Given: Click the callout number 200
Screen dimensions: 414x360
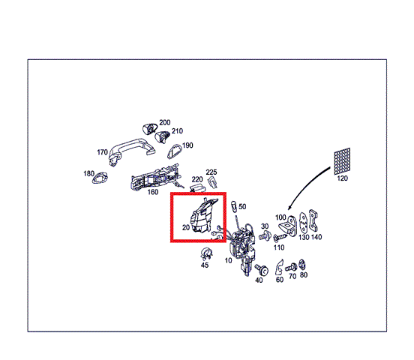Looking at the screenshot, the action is pyautogui.click(x=165, y=122).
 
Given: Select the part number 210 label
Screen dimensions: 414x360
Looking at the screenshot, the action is pyautogui.click(x=177, y=131).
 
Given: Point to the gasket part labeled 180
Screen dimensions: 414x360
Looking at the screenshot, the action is pyautogui.click(x=100, y=178).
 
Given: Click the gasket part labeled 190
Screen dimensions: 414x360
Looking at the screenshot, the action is pyautogui.click(x=174, y=151).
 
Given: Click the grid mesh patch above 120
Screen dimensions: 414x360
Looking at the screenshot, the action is pyautogui.click(x=342, y=161).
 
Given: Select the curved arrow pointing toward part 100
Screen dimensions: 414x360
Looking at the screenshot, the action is pyautogui.click(x=306, y=184).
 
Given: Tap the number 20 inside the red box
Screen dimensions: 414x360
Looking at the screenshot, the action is pyautogui.click(x=186, y=227).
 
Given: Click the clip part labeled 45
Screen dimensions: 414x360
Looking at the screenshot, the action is pyautogui.click(x=206, y=253).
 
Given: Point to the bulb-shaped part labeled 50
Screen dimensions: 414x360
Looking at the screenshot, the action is pyautogui.click(x=234, y=205).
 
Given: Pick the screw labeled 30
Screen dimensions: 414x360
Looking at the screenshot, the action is pyautogui.click(x=264, y=235).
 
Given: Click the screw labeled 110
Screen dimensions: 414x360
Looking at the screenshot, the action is pyautogui.click(x=280, y=238).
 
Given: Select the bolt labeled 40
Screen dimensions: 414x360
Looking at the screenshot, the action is pyautogui.click(x=262, y=269).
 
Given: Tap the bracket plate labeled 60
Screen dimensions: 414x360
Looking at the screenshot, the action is pyautogui.click(x=279, y=267).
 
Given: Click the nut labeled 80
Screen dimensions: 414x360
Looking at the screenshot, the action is pyautogui.click(x=302, y=265).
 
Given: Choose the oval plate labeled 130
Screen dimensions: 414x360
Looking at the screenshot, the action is pyautogui.click(x=303, y=223).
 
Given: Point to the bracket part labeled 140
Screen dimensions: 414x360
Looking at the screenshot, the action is pyautogui.click(x=313, y=220).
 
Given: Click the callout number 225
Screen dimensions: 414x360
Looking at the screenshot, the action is pyautogui.click(x=211, y=172).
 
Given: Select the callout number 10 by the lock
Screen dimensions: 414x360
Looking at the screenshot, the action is pyautogui.click(x=229, y=261).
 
